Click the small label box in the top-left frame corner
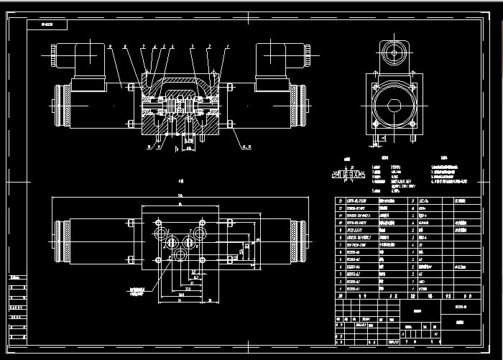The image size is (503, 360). coord(47,24)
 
